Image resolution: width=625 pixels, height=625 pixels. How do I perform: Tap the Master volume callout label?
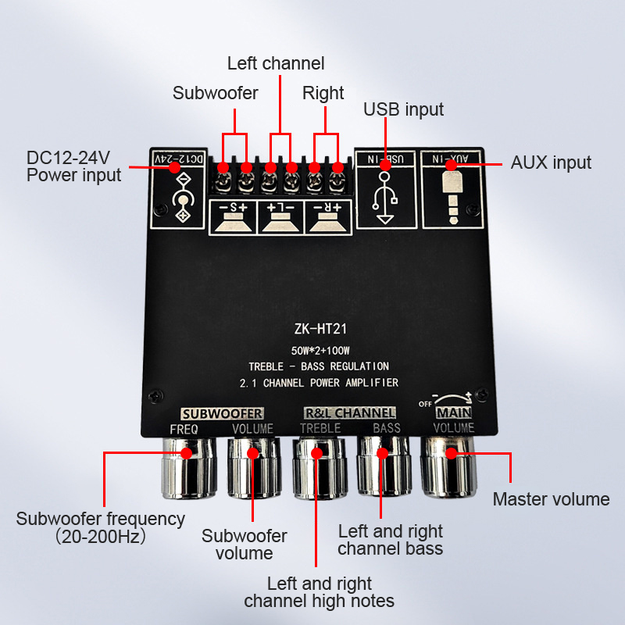click(x=551, y=499)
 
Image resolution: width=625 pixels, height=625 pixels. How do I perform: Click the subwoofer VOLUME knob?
click(x=252, y=469)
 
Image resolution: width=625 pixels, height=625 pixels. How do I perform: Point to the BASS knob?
click(x=383, y=467)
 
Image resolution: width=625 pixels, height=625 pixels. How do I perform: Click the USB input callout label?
click(x=403, y=109)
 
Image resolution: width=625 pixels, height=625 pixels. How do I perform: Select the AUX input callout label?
click(x=551, y=162)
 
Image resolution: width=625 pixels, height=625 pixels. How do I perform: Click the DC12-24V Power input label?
click(x=74, y=166)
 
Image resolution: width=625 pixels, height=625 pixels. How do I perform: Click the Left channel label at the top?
click(x=276, y=63)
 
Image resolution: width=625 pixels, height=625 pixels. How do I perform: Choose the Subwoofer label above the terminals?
click(x=216, y=93)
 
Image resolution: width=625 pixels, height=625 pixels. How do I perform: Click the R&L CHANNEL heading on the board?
click(x=349, y=412)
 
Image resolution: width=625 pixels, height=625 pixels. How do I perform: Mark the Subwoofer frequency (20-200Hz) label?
click(x=101, y=527)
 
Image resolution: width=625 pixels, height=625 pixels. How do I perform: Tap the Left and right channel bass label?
click(x=391, y=540)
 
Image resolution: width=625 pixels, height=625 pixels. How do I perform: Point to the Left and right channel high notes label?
click(x=319, y=592)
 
